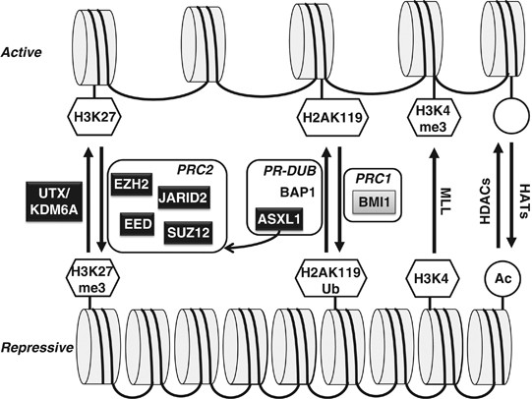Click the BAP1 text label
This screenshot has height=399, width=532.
click(x=278, y=195)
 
